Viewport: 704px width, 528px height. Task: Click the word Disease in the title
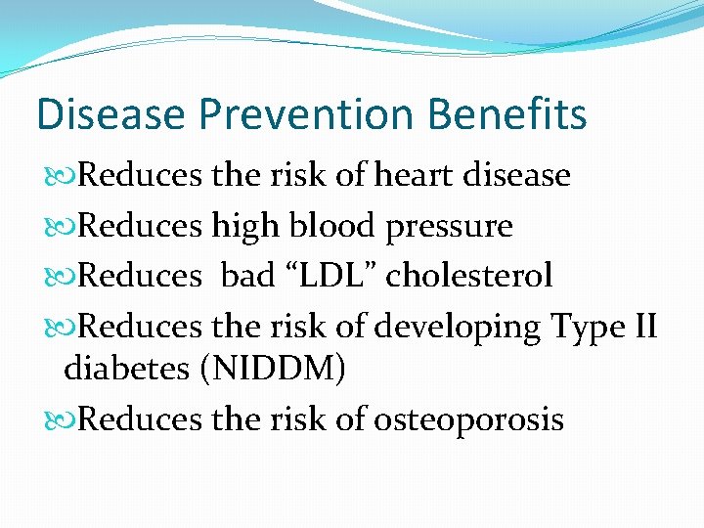click(x=110, y=114)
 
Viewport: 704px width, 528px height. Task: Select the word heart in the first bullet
click(x=411, y=176)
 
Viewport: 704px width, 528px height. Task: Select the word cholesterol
click(x=469, y=276)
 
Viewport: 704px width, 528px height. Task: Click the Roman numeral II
click(x=644, y=325)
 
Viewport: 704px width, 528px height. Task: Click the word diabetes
click(x=124, y=371)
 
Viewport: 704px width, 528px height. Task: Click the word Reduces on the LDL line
click(x=138, y=276)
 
